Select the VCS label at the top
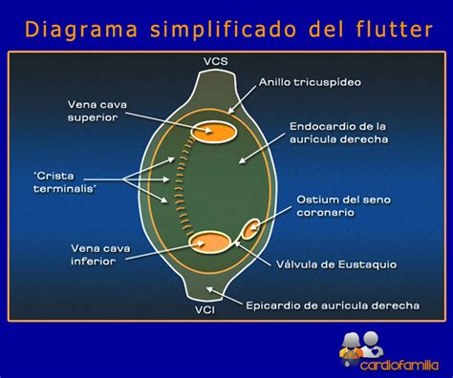point(215,63)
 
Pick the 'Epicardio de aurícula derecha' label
point(346,305)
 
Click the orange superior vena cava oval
point(214,131)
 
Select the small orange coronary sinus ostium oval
point(251,229)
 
